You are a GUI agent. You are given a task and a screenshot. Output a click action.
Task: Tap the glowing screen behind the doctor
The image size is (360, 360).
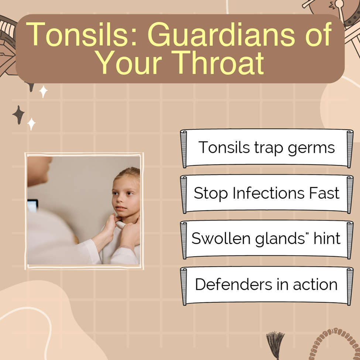pos(32,206)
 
